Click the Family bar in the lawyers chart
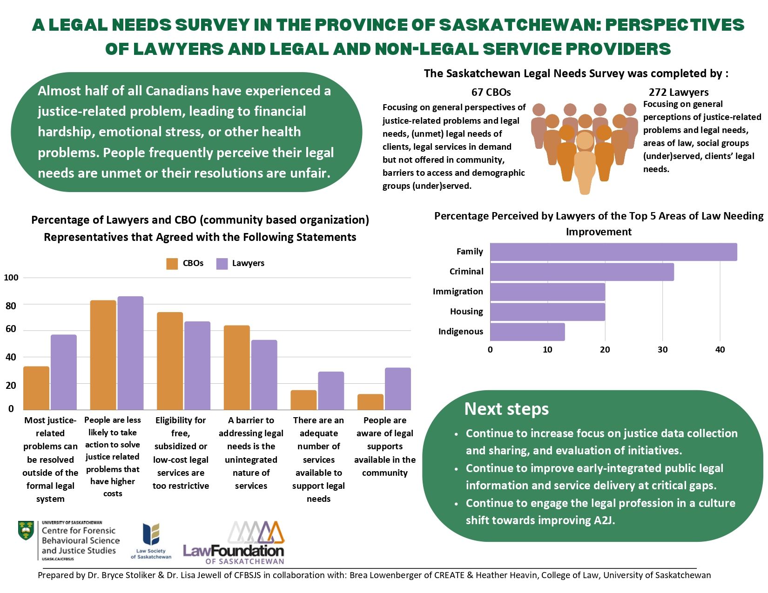pos(613,252)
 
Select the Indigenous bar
pos(527,332)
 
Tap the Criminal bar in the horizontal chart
pos(582,272)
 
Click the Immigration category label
pos(458,291)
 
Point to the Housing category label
pos(466,311)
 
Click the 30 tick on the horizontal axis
pos(662,349)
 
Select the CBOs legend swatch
pos(172,263)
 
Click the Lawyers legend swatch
pos(222,263)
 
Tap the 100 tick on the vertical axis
pos(11,277)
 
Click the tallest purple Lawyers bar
pos(130,353)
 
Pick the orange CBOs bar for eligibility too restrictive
pos(170,361)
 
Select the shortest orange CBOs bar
pos(371,402)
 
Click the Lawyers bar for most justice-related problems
pos(64,372)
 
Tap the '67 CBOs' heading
pos(491,92)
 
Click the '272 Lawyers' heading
pos(678,92)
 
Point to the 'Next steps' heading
pos(506,409)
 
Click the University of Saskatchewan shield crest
pos(26,531)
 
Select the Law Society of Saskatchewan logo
pos(151,541)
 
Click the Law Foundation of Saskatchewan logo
pos(234,542)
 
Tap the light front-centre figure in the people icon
pos(585,163)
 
